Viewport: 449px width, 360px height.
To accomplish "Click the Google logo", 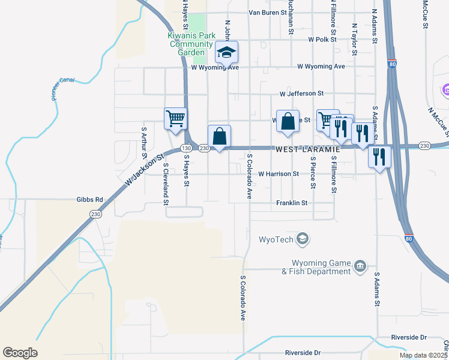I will [x=20, y=353].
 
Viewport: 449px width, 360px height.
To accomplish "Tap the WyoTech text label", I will [x=276, y=240].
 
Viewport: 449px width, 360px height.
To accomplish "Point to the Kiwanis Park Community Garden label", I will [x=191, y=44].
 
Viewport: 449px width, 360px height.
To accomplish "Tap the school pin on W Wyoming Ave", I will [x=226, y=53].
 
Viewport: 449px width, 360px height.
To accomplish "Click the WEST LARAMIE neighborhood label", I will [x=307, y=149].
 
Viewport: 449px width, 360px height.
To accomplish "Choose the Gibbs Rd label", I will [x=90, y=200].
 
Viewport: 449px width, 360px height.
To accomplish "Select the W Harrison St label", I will [x=278, y=174].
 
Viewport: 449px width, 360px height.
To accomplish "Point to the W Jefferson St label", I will [x=301, y=94].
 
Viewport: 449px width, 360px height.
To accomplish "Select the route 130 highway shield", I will [x=187, y=148].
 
